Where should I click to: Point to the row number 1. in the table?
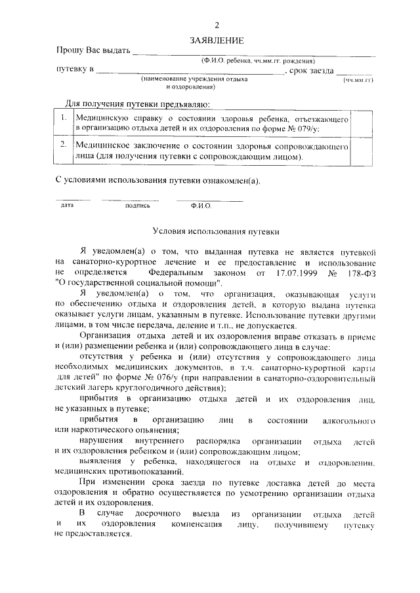(64, 118)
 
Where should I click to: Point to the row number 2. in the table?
(64, 143)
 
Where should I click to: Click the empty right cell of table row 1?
(362, 123)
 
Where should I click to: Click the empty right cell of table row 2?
(362, 149)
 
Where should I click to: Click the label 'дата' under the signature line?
(67, 205)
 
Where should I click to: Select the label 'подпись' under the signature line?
(138, 205)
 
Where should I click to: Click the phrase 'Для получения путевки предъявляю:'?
(138, 104)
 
